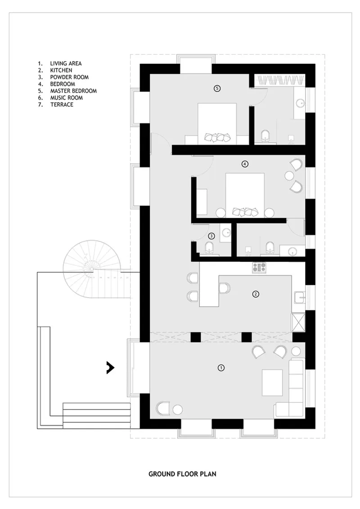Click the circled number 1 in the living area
[221, 368]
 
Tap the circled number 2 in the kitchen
[256, 294]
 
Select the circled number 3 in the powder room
[211, 236]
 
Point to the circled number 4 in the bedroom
[245, 164]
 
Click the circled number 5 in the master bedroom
[217, 88]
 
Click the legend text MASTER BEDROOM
[73, 91]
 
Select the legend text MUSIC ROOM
[66, 98]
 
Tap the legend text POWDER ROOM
[69, 77]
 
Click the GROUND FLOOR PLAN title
[182, 474]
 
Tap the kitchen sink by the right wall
[299, 297]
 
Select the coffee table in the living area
[272, 382]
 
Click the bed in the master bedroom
[217, 123]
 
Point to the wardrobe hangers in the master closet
[282, 81]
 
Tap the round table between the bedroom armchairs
[289, 176]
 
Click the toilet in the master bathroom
[265, 136]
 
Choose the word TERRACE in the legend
[62, 104]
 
